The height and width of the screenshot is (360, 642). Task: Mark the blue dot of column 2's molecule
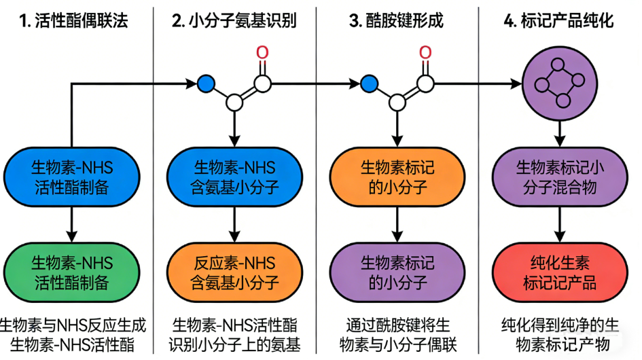(x=206, y=84)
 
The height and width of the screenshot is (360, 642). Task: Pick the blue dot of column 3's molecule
(x=369, y=84)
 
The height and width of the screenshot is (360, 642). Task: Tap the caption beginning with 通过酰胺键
(x=397, y=334)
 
